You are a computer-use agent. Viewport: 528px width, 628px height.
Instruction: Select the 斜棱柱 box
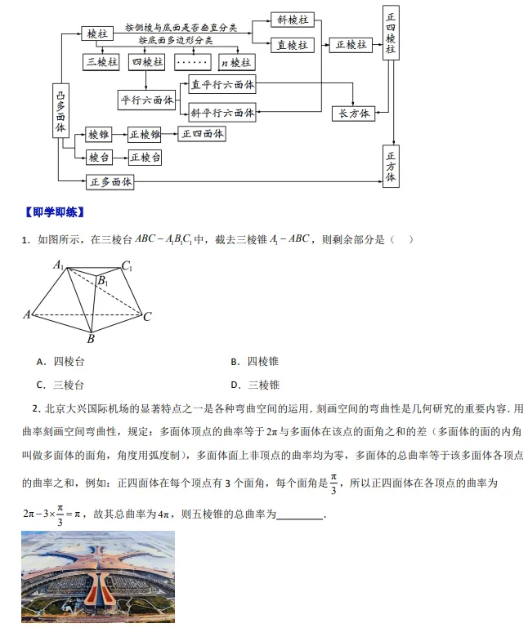pos(292,20)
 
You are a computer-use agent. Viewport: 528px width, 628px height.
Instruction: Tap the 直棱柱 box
pos(292,45)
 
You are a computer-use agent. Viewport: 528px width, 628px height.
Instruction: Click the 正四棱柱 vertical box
pos(391,33)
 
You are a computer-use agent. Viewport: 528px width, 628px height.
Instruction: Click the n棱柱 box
pos(235,62)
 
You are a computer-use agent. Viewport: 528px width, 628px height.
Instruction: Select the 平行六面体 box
pos(147,100)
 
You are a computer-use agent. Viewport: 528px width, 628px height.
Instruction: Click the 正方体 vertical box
pos(391,166)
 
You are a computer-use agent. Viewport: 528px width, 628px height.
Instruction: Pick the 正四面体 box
pos(203,134)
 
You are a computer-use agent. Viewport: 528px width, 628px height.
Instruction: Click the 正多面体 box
pos(110,181)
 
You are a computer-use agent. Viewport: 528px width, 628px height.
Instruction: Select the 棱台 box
pos(99,157)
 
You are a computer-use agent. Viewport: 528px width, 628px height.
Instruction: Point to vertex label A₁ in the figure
pos(59,265)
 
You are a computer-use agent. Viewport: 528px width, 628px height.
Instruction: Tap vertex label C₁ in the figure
pos(127,265)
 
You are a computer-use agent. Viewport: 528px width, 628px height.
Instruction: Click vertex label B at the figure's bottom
pos(91,339)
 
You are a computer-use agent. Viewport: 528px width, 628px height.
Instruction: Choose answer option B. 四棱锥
pos(254,361)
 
